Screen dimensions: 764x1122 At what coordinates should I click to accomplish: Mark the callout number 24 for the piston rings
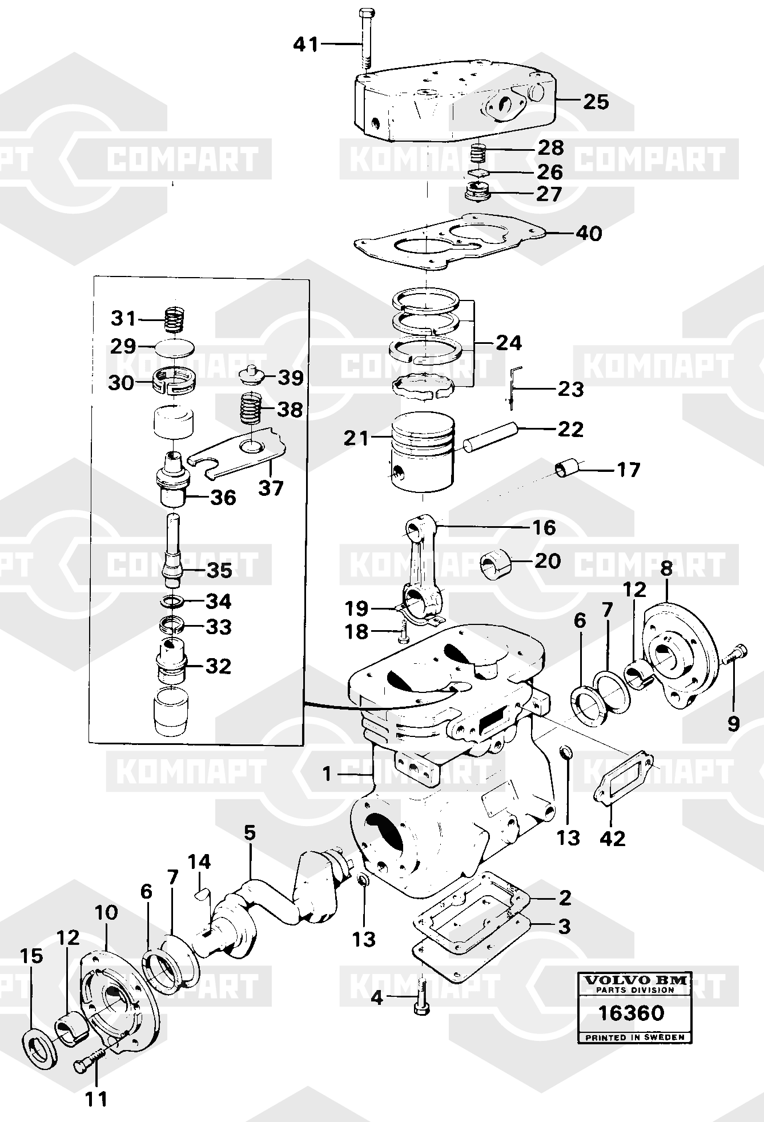(509, 343)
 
